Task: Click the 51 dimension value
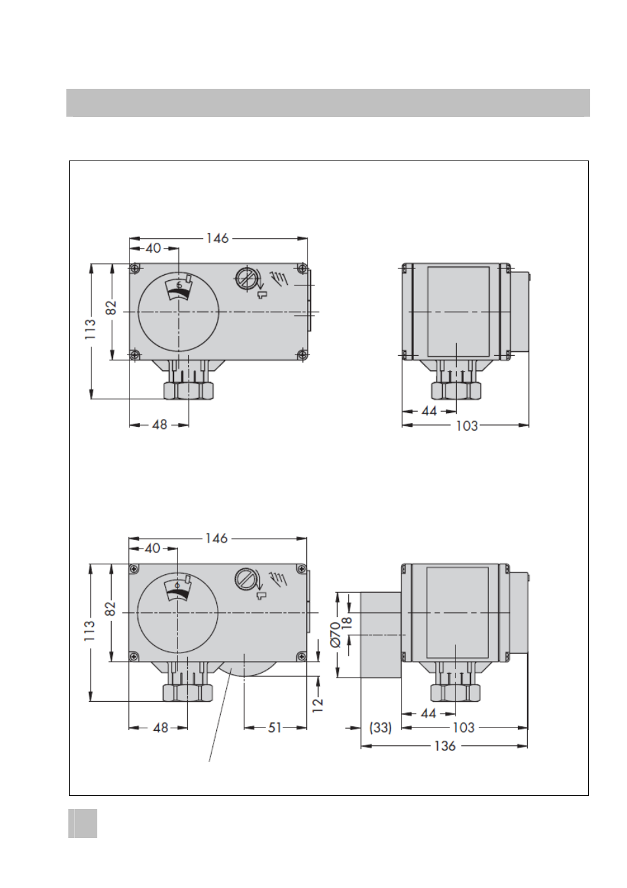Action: (x=274, y=728)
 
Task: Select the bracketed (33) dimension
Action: (x=381, y=728)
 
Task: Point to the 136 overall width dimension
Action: (x=445, y=746)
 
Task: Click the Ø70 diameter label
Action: (x=335, y=634)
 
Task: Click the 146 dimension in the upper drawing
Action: (x=218, y=238)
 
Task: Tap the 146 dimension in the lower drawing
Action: (x=216, y=538)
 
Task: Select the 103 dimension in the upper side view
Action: (x=467, y=426)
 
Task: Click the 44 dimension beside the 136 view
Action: (x=428, y=714)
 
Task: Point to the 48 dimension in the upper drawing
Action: (x=160, y=425)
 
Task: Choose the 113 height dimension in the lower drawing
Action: (x=89, y=631)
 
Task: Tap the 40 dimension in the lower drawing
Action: (x=152, y=549)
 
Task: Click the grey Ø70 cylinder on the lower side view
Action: (x=381, y=634)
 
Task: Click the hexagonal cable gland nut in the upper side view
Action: (x=456, y=390)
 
